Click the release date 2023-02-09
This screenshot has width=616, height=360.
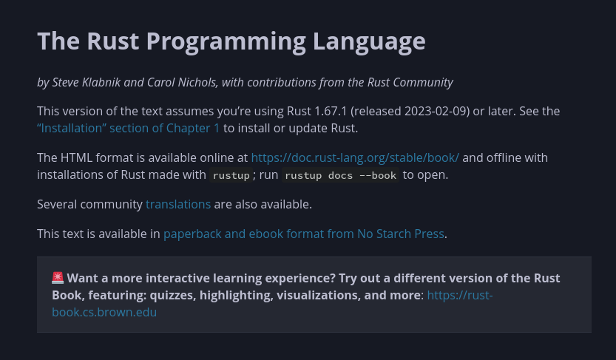pyautogui.click(x=432, y=111)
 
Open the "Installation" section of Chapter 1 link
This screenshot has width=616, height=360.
pyautogui.click(x=129, y=128)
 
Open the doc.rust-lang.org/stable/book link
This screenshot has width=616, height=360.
pyautogui.click(x=355, y=157)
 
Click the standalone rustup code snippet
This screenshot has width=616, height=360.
pyautogui.click(x=231, y=175)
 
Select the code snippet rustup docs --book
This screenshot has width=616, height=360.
pyautogui.click(x=341, y=175)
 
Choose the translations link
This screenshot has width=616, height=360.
pyautogui.click(x=178, y=204)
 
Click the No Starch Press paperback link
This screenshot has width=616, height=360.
pyautogui.click(x=304, y=234)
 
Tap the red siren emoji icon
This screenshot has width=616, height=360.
pyautogui.click(x=58, y=278)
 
